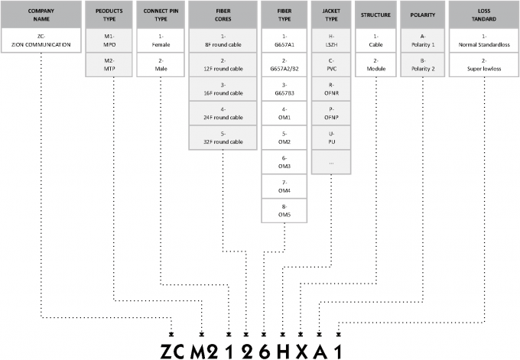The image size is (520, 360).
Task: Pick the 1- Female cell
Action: (x=161, y=40)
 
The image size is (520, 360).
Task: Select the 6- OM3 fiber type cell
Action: (x=283, y=163)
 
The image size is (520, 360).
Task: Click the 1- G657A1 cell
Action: (x=283, y=40)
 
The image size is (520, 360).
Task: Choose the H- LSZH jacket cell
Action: (x=331, y=40)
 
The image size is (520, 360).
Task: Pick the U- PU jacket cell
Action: (x=331, y=138)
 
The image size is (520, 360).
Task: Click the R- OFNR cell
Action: (x=331, y=89)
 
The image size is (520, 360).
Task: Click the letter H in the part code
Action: (x=282, y=349)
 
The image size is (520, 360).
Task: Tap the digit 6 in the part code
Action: (x=264, y=349)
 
